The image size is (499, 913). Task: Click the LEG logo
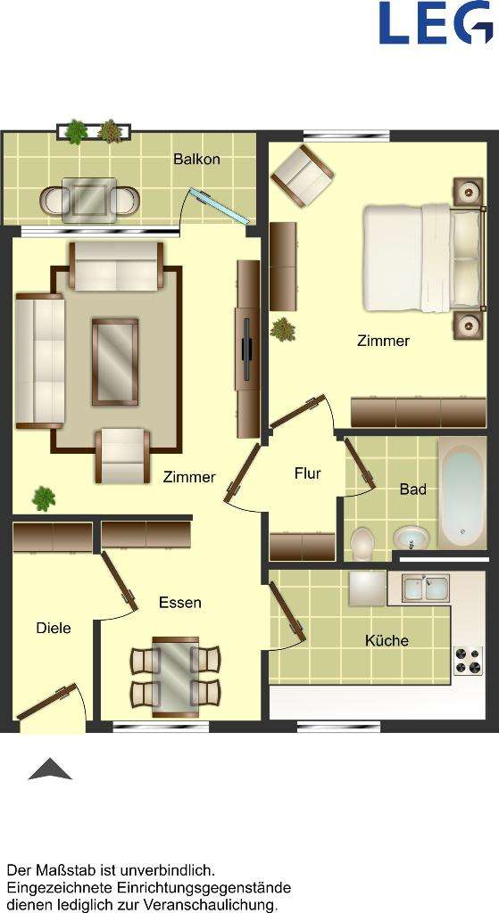pyautogui.click(x=436, y=23)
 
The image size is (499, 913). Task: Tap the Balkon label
pyautogui.click(x=196, y=160)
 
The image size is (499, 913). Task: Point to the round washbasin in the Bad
pyautogui.click(x=411, y=539)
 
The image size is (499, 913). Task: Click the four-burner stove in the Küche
pyautogui.click(x=467, y=660)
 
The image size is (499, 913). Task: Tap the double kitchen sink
pyautogui.click(x=425, y=588)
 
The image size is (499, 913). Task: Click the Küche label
pyautogui.click(x=387, y=640)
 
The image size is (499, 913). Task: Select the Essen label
pyautogui.click(x=179, y=603)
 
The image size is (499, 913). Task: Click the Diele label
pyautogui.click(x=54, y=628)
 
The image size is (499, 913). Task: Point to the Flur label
pyautogui.click(x=307, y=473)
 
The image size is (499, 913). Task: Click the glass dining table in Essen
pyautogui.click(x=176, y=675)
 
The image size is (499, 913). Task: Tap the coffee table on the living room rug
pyautogui.click(x=115, y=361)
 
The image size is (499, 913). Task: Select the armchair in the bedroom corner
pyautogui.click(x=304, y=175)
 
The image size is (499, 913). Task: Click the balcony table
pyautogui.click(x=89, y=198)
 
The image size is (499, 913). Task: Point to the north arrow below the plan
pyautogui.click(x=50, y=769)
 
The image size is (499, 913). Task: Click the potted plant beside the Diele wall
pyautogui.click(x=43, y=498)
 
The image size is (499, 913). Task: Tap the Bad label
pyautogui.click(x=412, y=489)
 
